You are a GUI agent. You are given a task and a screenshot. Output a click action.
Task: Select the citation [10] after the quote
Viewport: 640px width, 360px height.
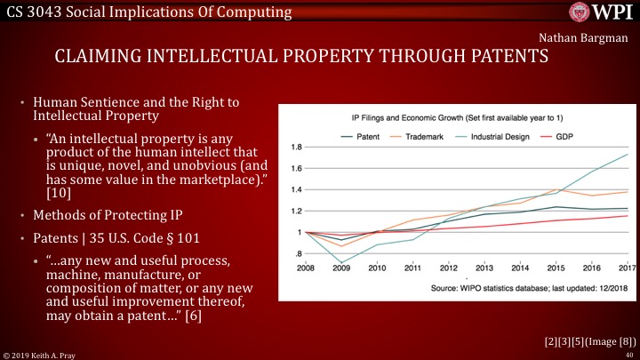click(x=53, y=193)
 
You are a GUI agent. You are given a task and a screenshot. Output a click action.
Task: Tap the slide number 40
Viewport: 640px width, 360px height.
click(x=628, y=354)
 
